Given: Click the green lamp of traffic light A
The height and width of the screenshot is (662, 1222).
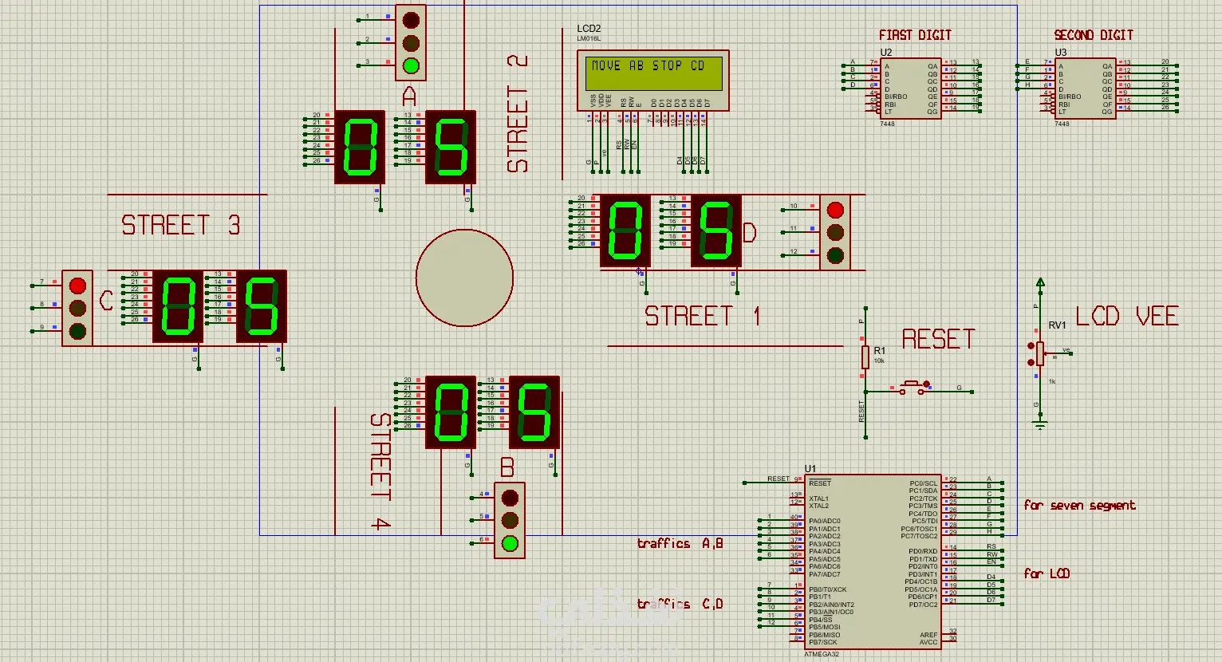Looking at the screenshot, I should [x=411, y=65].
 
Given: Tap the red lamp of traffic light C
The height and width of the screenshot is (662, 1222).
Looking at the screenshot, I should [x=77, y=285].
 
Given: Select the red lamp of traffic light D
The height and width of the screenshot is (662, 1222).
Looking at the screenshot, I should [x=835, y=210].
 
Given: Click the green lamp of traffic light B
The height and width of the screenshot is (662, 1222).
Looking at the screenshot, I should [x=510, y=544].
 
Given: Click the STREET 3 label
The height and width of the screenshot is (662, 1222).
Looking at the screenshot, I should [x=180, y=226].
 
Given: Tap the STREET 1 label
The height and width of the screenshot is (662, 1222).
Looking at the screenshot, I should [x=702, y=317].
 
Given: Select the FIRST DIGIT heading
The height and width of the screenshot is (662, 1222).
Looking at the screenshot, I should [x=915, y=35].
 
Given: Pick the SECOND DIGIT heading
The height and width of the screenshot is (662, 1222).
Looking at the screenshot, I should [x=1093, y=35].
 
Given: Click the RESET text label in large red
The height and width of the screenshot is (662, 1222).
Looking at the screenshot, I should [x=938, y=340].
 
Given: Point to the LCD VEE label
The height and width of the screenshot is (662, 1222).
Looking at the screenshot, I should [x=1126, y=317].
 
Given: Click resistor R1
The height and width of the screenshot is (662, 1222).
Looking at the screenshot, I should [x=865, y=357].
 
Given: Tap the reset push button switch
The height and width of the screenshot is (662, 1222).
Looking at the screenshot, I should [x=914, y=388].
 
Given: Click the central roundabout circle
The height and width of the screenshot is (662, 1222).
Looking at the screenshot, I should [x=464, y=278].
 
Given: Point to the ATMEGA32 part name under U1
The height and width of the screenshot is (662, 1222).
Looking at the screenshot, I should [x=821, y=654].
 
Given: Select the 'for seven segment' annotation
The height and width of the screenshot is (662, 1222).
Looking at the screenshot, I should [x=1079, y=506].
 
